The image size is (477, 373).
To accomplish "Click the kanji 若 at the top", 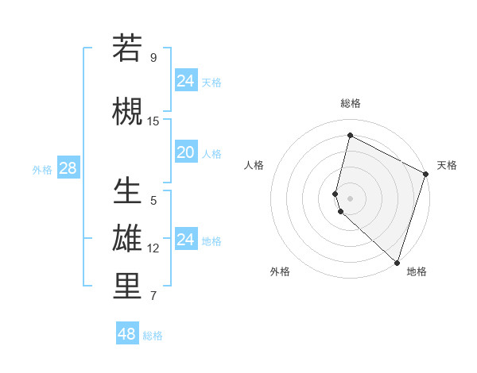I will pyautogui.click(x=127, y=49).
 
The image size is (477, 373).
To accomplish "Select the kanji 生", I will pyautogui.click(x=127, y=192).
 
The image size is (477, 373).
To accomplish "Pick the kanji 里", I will pyautogui.click(x=127, y=287).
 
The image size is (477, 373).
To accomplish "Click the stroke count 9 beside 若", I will pyautogui.click(x=153, y=58).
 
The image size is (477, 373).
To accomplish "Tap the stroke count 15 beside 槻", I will pyautogui.click(x=153, y=121).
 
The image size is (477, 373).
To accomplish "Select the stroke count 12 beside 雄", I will pyautogui.click(x=153, y=248).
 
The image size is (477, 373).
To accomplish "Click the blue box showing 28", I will pyautogui.click(x=68, y=168).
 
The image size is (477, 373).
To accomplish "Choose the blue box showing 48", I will pyautogui.click(x=127, y=334).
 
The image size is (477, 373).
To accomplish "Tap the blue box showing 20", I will pyautogui.click(x=186, y=152).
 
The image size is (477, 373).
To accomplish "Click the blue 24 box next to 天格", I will pyautogui.click(x=186, y=81).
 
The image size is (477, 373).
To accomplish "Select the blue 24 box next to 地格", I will pyautogui.click(x=186, y=240).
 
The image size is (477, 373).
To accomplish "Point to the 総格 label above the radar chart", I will pyautogui.click(x=350, y=103).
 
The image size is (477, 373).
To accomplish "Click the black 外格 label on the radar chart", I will pyautogui.click(x=280, y=271).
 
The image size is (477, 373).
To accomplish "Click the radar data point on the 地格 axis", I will pyautogui.click(x=397, y=263).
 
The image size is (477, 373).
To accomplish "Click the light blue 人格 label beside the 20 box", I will pyautogui.click(x=211, y=153).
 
